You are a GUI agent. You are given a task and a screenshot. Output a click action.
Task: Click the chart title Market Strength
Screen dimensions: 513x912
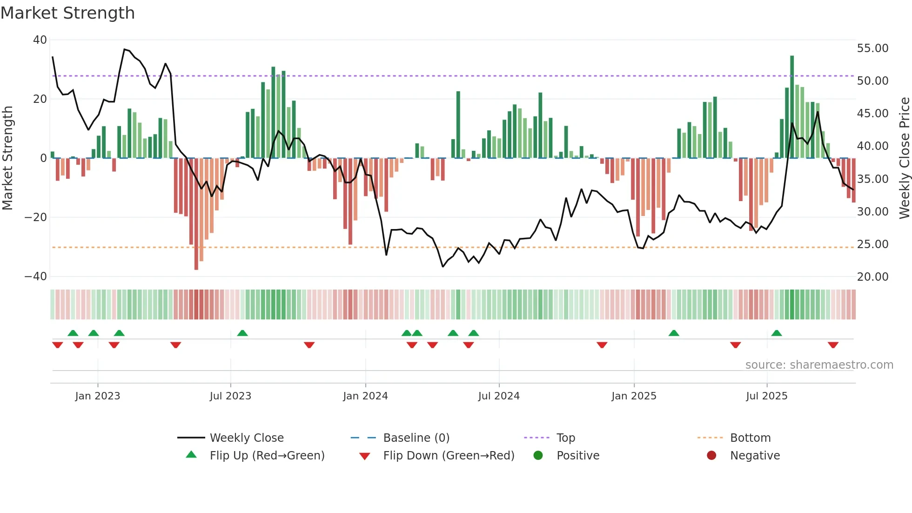point(67,13)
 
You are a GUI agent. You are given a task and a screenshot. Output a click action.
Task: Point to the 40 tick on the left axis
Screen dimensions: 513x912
point(40,40)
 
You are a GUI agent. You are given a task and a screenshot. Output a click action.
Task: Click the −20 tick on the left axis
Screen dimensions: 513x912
point(36,217)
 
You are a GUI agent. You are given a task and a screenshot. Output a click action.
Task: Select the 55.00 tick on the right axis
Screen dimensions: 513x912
point(872,48)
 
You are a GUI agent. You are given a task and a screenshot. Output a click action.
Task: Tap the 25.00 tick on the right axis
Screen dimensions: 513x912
point(872,244)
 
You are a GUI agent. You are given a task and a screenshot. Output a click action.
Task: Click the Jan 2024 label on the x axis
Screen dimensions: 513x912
point(365,396)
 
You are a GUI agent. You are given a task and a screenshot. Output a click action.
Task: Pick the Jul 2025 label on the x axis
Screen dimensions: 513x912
point(766,396)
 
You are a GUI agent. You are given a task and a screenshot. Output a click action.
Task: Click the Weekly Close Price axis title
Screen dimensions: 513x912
point(904,158)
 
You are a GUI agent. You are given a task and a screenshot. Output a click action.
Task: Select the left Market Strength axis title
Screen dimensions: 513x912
point(7,158)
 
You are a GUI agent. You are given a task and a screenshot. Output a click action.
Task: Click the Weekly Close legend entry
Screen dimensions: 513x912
point(246,438)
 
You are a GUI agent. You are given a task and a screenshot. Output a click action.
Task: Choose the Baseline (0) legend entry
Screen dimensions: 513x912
point(416,438)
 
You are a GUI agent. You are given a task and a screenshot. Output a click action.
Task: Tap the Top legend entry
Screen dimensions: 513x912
point(565,438)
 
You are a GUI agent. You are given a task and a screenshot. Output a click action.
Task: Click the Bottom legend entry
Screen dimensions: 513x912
point(750,438)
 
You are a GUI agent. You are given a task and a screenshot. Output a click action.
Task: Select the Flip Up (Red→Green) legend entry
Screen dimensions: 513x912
point(267,456)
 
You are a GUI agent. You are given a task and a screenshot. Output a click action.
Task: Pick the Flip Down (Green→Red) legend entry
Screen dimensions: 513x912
point(449,456)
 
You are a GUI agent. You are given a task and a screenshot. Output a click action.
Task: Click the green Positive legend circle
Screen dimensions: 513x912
point(538,456)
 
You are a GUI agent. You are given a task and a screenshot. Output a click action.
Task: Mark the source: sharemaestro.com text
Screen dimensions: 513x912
point(819,365)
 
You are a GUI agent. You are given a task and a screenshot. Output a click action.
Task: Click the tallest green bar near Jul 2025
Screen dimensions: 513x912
point(792,107)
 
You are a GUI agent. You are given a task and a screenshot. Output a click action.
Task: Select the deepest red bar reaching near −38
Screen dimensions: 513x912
point(196,214)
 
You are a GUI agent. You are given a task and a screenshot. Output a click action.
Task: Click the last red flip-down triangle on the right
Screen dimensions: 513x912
point(833,345)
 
